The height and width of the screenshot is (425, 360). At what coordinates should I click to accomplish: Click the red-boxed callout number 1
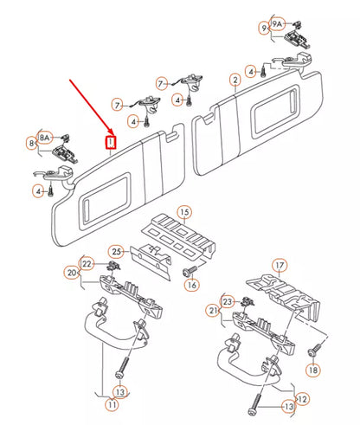point(111,142)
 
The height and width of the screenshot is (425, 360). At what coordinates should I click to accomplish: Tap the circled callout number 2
point(235,80)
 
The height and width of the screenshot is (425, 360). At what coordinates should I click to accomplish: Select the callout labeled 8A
point(44,138)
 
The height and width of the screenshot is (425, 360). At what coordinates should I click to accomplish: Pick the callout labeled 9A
point(277,24)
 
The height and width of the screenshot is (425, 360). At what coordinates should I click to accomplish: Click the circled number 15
point(184,212)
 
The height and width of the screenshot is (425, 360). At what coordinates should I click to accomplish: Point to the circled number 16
point(192,285)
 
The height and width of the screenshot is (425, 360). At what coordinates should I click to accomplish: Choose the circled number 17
point(280,265)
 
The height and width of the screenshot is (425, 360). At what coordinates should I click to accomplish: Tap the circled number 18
point(313,370)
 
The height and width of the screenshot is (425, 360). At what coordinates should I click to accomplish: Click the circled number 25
point(116,252)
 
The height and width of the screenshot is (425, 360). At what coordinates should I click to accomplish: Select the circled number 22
point(87,264)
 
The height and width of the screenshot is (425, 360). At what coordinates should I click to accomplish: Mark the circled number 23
point(228,302)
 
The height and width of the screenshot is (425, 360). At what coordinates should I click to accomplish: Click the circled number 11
point(112,404)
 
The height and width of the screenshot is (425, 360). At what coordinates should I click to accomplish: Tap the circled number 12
point(302,399)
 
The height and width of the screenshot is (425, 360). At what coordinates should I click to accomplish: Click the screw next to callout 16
point(190,270)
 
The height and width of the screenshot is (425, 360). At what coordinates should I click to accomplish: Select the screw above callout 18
point(314,349)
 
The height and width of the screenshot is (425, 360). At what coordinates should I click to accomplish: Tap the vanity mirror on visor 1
point(106,199)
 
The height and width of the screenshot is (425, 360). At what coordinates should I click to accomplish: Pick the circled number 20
point(72,273)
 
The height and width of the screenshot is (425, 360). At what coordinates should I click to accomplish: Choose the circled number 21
point(213,311)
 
